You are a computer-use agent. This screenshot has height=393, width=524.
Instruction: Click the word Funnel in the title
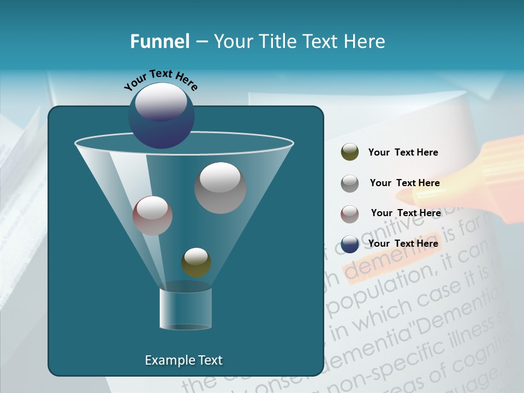(x=159, y=41)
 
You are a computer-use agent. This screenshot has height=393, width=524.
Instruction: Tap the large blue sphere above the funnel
(x=162, y=115)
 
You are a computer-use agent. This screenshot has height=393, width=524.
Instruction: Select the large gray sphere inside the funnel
(x=221, y=188)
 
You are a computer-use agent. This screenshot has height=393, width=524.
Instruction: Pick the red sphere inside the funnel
(x=153, y=216)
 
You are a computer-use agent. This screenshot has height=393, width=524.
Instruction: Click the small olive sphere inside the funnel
(x=196, y=262)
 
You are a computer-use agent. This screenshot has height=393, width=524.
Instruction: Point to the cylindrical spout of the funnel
(x=186, y=309)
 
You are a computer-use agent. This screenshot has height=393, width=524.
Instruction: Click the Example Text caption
(x=183, y=360)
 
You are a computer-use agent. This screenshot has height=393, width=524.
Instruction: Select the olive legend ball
(x=350, y=152)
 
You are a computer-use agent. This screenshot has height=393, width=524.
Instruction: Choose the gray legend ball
(x=350, y=183)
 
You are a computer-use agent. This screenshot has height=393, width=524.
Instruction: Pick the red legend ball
(x=350, y=213)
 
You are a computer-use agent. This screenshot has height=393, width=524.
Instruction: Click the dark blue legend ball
(x=350, y=244)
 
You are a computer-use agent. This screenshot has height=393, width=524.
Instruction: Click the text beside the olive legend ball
(x=403, y=153)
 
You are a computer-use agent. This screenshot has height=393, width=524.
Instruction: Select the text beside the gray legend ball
(x=404, y=183)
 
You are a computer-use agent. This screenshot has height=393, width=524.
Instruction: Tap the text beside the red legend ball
(x=406, y=213)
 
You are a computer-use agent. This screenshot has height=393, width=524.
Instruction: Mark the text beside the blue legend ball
(x=403, y=243)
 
